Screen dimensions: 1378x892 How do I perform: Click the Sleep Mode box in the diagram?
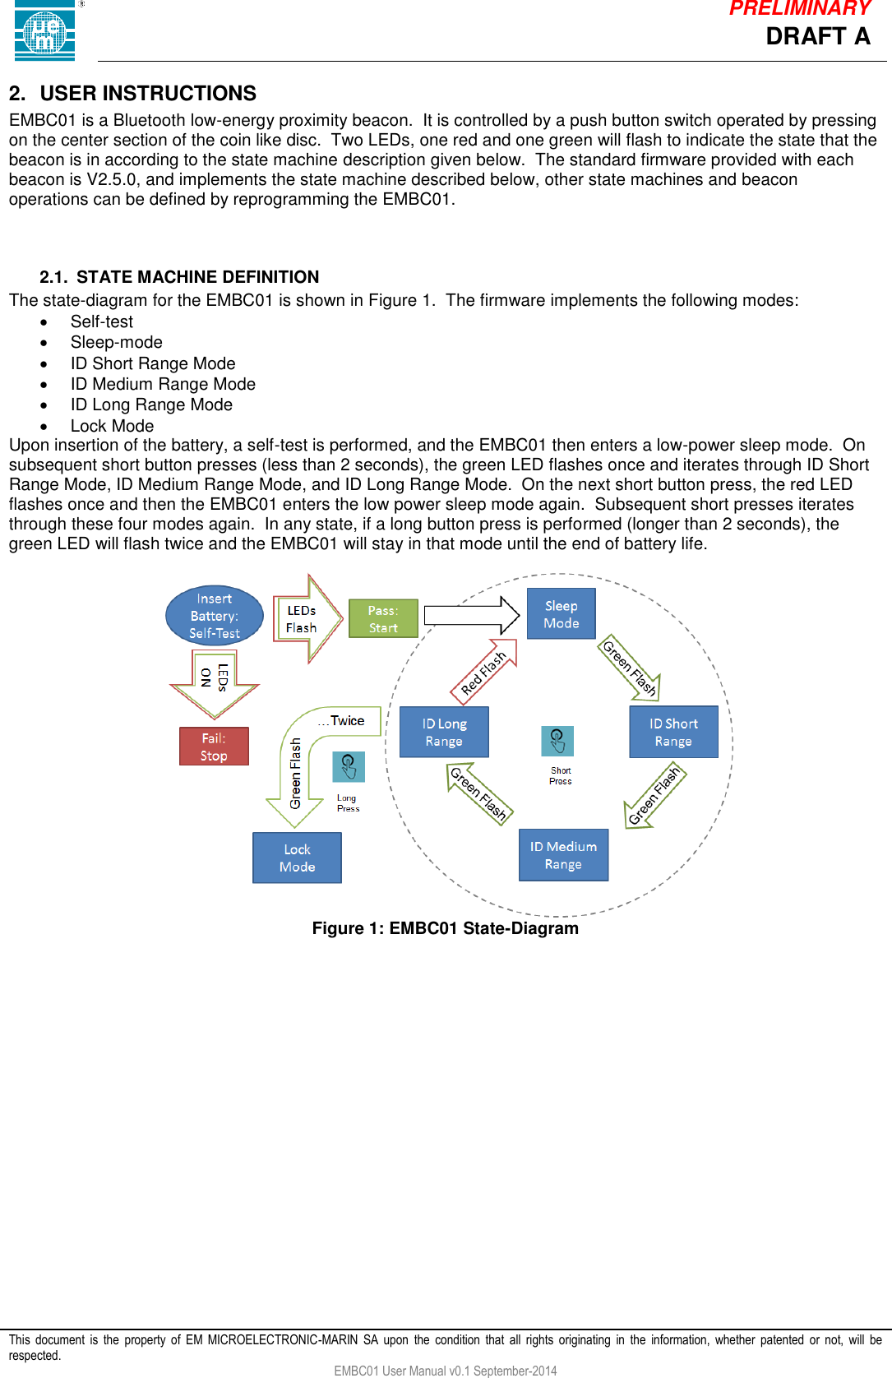(x=561, y=613)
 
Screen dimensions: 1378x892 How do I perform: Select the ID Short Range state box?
(x=673, y=732)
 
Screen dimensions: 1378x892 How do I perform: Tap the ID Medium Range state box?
(x=563, y=855)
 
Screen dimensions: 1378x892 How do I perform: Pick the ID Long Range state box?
(x=444, y=732)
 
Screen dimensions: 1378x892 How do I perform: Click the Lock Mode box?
(x=297, y=858)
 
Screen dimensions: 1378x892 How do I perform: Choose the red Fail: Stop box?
(x=214, y=747)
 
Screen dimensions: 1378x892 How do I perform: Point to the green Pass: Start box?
(x=383, y=618)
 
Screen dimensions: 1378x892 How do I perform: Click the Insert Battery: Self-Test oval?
(x=215, y=616)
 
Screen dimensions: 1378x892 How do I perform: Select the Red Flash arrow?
(x=485, y=672)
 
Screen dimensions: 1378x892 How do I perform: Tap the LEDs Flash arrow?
(x=306, y=619)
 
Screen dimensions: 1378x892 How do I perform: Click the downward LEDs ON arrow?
(x=215, y=681)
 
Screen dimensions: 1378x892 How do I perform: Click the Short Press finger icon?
(x=557, y=741)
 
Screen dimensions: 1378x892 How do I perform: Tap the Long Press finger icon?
(x=348, y=767)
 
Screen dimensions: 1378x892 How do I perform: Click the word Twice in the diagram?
(x=347, y=720)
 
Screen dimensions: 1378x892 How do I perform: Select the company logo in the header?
(x=45, y=31)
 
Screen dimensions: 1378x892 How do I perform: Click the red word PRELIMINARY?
(x=799, y=9)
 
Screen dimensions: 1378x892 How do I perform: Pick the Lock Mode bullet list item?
(x=112, y=426)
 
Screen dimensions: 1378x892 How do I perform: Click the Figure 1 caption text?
(x=445, y=928)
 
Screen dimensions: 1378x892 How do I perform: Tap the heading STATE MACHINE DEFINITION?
(x=197, y=277)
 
